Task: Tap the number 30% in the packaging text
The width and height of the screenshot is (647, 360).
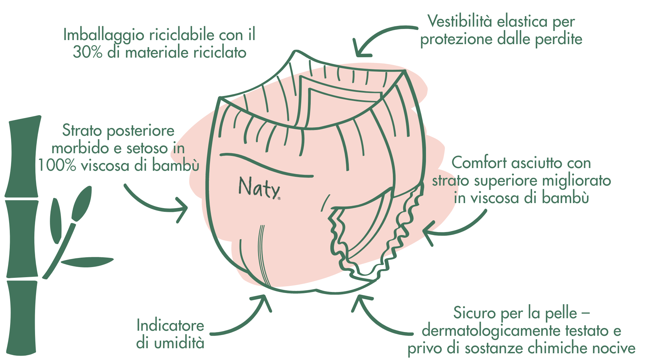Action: pyautogui.click(x=88, y=52)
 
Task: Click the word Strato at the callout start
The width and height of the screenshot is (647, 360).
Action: pyautogui.click(x=82, y=130)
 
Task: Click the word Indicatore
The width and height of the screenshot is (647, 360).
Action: pyautogui.click(x=170, y=325)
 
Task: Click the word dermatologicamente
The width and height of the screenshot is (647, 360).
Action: pyautogui.click(x=491, y=331)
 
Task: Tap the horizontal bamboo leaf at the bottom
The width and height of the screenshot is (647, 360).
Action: pyautogui.click(x=87, y=262)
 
